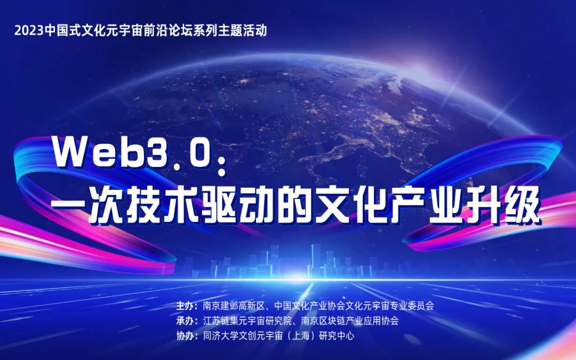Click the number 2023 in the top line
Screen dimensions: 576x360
pos(29,30)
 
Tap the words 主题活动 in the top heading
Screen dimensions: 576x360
pos(243,30)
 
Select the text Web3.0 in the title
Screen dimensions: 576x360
pos(133,151)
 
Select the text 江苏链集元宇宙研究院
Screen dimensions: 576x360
pos(247,321)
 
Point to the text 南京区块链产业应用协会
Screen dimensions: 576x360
pos(350,321)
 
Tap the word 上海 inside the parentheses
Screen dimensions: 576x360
pos(301,336)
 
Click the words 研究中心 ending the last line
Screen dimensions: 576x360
pos(337,336)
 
